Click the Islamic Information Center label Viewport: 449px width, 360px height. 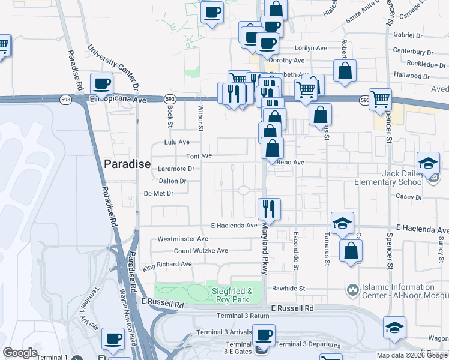pos(400,292)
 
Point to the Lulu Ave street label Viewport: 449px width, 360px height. pos(176,142)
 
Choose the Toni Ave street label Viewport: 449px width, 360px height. pos(199,156)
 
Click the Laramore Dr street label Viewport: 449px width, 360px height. pos(176,169)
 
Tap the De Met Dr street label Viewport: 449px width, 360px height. pos(158,193)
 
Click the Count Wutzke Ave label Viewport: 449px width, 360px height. pos(201,251)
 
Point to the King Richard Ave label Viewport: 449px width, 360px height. pos(167,264)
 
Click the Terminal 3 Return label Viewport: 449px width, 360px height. pos(243,316)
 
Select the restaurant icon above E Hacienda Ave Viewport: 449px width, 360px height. pos(268,209)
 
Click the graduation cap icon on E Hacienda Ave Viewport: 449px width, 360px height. pos(342,223)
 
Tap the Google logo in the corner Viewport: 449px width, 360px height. pos(20,353)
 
